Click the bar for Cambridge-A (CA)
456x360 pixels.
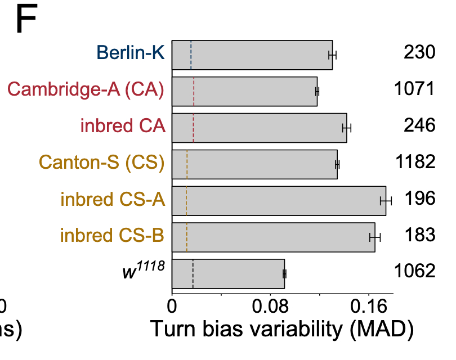click(x=244, y=91)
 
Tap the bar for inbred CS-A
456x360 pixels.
click(x=279, y=201)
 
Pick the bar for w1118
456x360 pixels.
click(x=228, y=274)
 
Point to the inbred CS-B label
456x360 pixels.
click(x=112, y=235)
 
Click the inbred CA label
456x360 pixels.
click(x=123, y=125)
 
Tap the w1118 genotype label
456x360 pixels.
click(x=143, y=271)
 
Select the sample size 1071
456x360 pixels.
click(x=414, y=89)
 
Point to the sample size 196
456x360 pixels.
click(x=419, y=199)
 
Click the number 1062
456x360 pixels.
click(x=414, y=271)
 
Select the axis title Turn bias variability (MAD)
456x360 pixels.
click(x=281, y=330)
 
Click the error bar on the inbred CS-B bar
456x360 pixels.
click(x=375, y=237)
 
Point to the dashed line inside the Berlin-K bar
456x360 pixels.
click(x=191, y=55)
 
